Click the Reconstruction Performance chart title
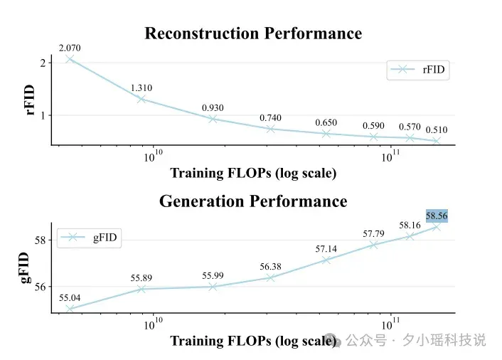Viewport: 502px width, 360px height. (253, 33)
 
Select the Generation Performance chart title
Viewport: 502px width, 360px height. (253, 201)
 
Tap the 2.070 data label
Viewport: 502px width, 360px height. (70, 48)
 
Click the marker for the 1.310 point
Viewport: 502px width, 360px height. (141, 99)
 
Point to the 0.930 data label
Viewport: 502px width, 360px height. (213, 107)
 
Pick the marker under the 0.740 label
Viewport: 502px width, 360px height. (270, 129)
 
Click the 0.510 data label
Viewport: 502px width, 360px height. (437, 129)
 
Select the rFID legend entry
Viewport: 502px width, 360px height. (418, 70)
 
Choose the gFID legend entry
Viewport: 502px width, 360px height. (89, 238)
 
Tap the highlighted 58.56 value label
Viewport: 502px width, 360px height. (437, 216)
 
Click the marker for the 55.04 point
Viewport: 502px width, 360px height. (70, 309)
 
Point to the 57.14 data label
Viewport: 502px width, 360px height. (326, 249)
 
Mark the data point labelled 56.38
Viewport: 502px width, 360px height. (270, 277)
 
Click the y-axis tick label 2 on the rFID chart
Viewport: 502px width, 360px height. (43, 63)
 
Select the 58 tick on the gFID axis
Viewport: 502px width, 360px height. (41, 240)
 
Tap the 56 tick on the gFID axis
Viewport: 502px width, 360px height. (41, 287)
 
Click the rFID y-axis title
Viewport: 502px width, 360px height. (29, 100)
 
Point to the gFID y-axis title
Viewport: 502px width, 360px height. (25, 268)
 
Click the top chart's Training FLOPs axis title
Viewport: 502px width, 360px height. (253, 174)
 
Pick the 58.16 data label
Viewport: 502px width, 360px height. (410, 226)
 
